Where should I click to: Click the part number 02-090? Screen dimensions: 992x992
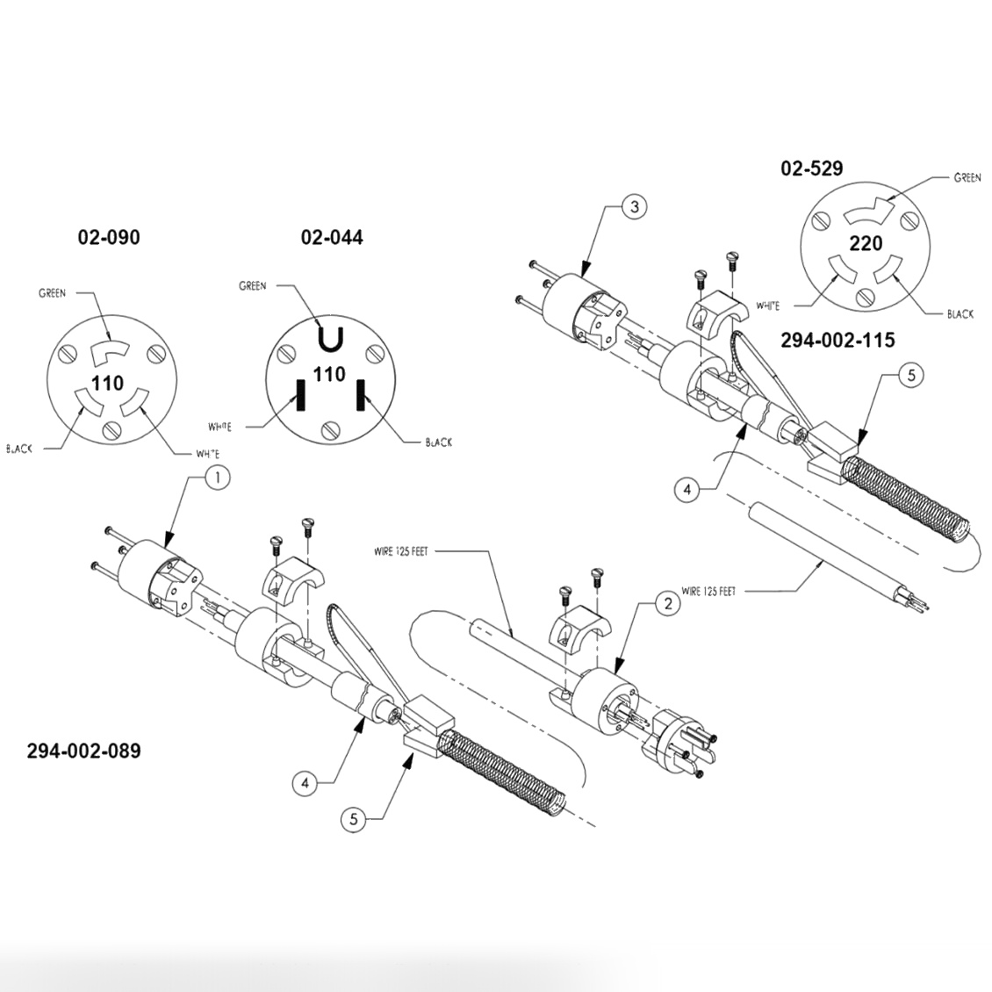click(108, 237)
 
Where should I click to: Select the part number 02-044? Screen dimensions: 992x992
click(331, 237)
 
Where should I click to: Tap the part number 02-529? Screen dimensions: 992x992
click(811, 169)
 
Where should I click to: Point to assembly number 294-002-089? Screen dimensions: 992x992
click(83, 751)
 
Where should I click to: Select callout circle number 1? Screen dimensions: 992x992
click(217, 477)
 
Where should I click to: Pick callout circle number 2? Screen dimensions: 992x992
click(668, 603)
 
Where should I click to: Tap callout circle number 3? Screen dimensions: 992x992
click(635, 207)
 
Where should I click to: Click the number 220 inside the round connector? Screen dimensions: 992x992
click(866, 242)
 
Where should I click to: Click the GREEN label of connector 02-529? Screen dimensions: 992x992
click(967, 178)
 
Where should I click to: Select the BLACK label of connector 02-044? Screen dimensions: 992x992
click(438, 442)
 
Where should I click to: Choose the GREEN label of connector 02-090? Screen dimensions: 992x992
click(52, 292)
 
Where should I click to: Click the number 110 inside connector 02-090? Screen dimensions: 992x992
click(108, 383)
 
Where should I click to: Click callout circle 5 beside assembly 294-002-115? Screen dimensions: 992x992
click(910, 376)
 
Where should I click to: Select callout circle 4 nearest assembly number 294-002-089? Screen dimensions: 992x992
click(305, 782)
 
